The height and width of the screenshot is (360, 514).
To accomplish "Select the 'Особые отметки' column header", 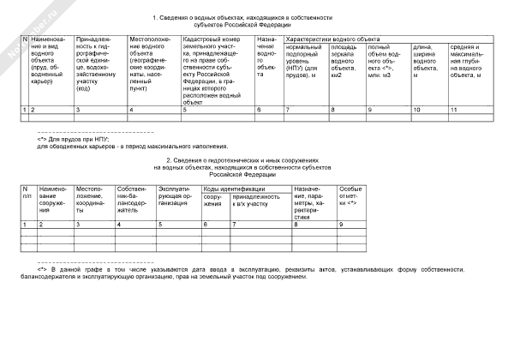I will click(x=350, y=197).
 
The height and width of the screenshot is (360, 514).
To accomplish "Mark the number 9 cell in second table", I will click(x=342, y=224).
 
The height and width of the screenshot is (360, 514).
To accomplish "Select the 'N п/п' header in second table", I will click(x=27, y=193).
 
